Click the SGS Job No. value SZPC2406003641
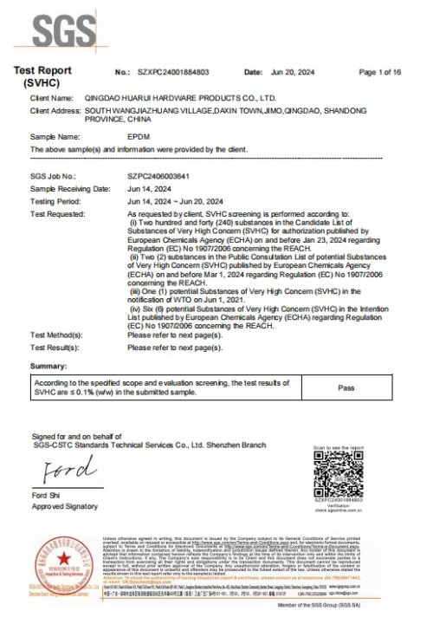pyautogui.click(x=158, y=175)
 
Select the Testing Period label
pyautogui.click(x=57, y=200)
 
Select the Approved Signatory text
pyautogui.click(x=65, y=505)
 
